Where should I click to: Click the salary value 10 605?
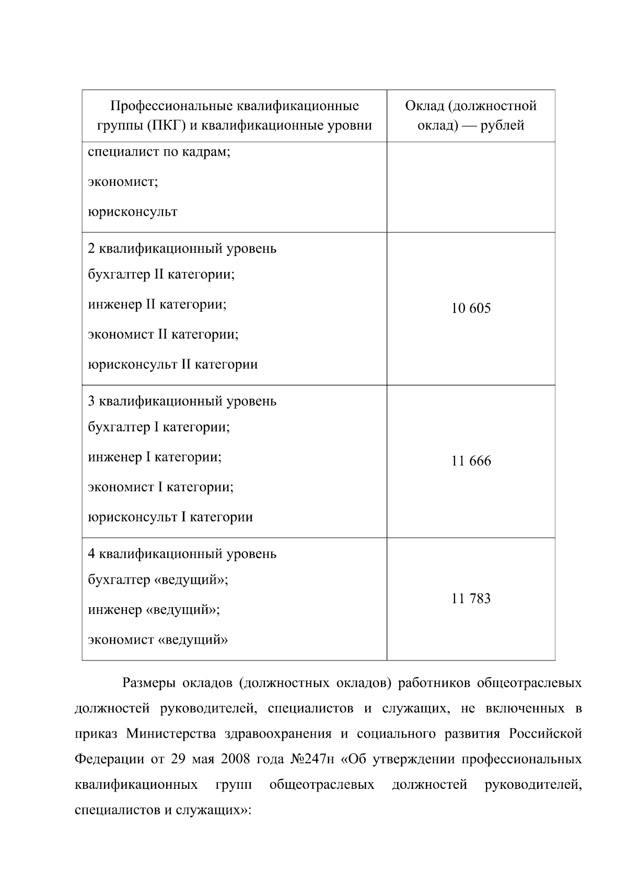coord(471,309)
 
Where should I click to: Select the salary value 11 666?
coord(471,462)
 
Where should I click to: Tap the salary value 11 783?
coord(471,599)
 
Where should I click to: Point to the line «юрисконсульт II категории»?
coord(172,364)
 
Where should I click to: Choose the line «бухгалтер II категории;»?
coord(161,275)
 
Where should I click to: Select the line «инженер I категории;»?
coord(155,457)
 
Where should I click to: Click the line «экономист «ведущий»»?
coord(158,640)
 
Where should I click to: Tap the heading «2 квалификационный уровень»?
coord(182,249)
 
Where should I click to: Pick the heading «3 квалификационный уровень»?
coord(182,401)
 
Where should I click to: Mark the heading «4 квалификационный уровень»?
coord(182,554)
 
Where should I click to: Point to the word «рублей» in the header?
coord(501,126)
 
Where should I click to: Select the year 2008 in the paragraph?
coord(237,759)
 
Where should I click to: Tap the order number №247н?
coord(311,759)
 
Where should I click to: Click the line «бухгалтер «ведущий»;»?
coord(158,580)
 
